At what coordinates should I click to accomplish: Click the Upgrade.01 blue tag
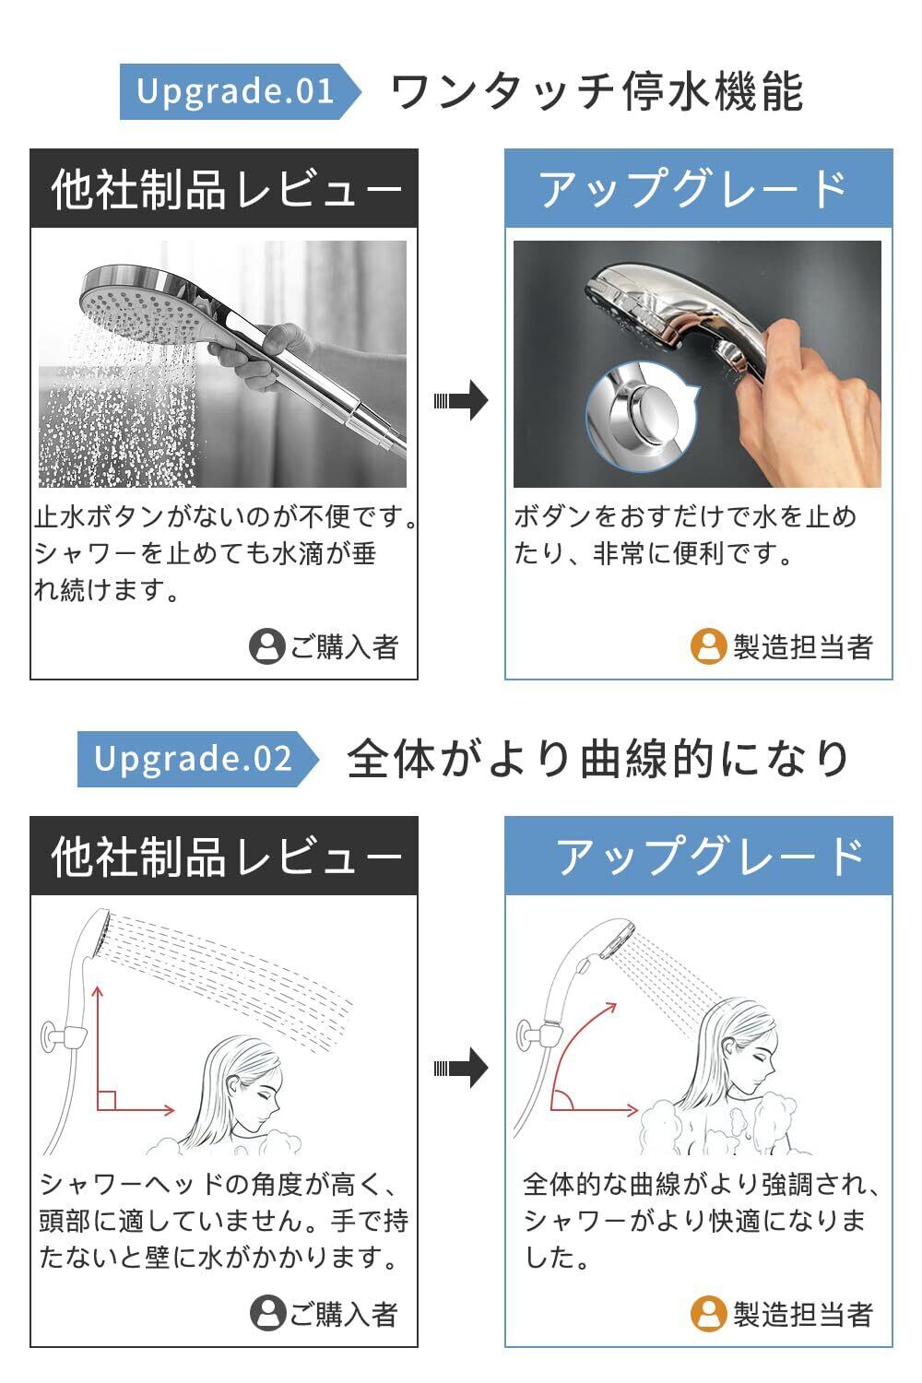[x=240, y=91]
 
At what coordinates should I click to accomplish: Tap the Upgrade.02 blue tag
[x=197, y=759]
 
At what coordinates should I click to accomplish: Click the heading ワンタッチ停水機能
[x=597, y=91]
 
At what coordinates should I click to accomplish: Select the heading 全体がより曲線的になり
[x=597, y=759]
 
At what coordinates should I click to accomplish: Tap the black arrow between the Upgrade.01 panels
[x=461, y=400]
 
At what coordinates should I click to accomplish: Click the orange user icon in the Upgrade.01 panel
[x=708, y=646]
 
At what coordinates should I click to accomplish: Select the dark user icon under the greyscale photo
[x=266, y=646]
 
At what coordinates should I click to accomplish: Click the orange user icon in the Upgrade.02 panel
[x=708, y=1314]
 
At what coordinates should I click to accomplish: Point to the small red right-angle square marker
[x=106, y=1100]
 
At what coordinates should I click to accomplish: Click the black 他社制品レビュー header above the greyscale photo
[x=224, y=188]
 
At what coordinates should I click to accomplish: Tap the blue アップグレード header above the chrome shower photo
[x=699, y=188]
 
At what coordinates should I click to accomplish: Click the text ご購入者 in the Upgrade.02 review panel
[x=344, y=1314]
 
